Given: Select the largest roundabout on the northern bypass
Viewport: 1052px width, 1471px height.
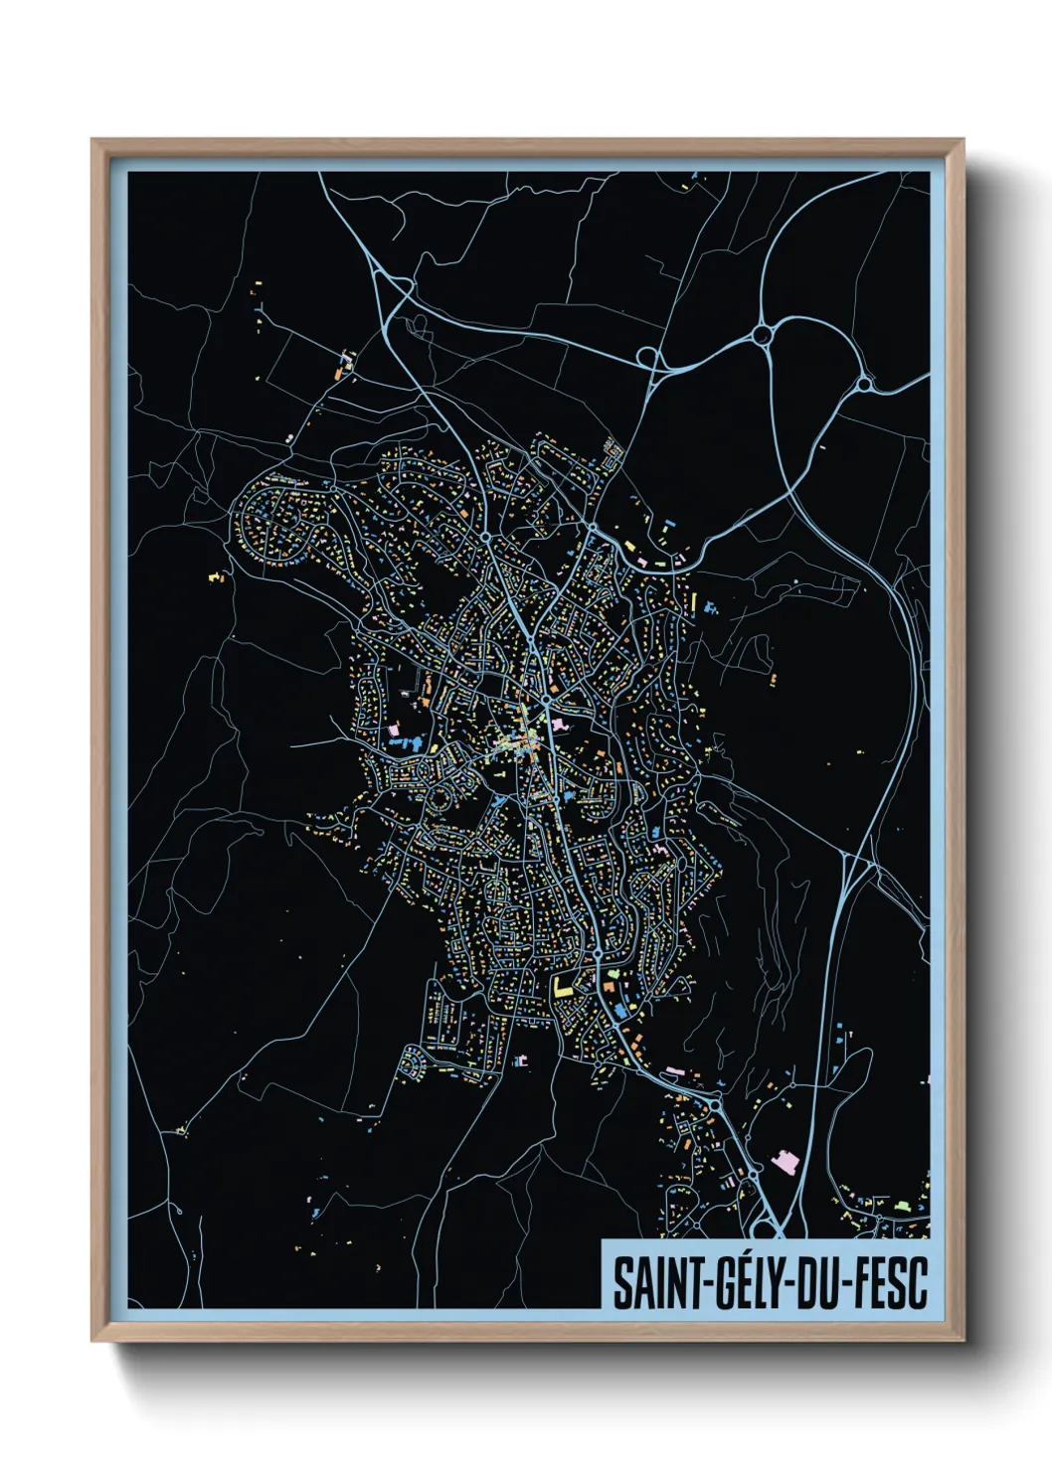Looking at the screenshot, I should (x=763, y=336).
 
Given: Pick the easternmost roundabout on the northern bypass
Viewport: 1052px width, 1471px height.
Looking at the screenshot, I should (x=864, y=384).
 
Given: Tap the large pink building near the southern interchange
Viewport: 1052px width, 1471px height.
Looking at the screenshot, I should (x=786, y=1161).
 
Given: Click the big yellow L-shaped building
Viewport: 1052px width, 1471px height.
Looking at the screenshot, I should (x=564, y=987).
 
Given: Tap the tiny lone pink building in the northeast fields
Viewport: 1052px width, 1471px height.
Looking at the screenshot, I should (x=773, y=679).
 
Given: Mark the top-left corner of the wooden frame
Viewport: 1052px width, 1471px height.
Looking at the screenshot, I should (x=92, y=140).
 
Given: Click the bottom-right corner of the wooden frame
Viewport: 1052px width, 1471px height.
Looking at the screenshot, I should (x=963, y=1341).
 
